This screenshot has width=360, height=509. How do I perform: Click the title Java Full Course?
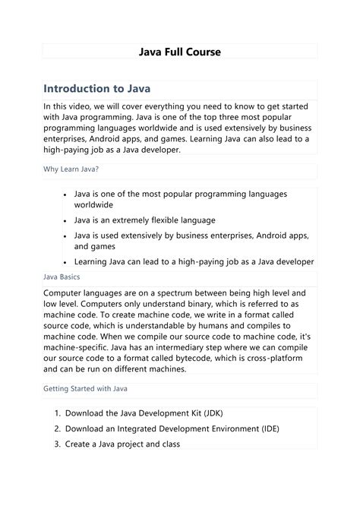(180, 52)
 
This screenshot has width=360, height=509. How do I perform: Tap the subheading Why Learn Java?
(71, 170)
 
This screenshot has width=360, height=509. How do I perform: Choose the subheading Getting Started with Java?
(85, 389)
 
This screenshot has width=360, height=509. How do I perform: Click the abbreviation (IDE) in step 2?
(267, 428)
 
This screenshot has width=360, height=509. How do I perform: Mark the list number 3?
(57, 444)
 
